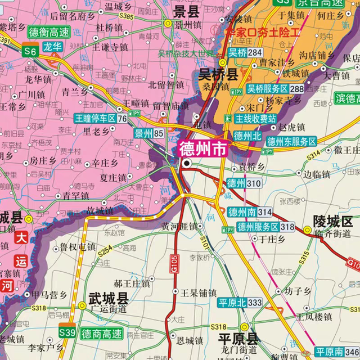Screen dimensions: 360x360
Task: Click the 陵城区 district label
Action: tap(332, 220)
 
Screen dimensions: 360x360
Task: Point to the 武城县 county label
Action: tap(109, 298)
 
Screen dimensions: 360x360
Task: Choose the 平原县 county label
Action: tap(238, 339)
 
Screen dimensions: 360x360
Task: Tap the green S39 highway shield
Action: tap(67, 332)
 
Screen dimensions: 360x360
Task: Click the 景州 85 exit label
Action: tap(149, 133)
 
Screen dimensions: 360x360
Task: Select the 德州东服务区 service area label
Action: tap(291, 142)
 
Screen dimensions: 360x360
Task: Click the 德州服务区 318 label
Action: tap(265, 227)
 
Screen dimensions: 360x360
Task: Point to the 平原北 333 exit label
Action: tap(240, 303)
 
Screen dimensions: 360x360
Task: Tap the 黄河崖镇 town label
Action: tap(179, 226)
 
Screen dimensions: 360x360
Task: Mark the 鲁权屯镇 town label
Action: tap(78, 246)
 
